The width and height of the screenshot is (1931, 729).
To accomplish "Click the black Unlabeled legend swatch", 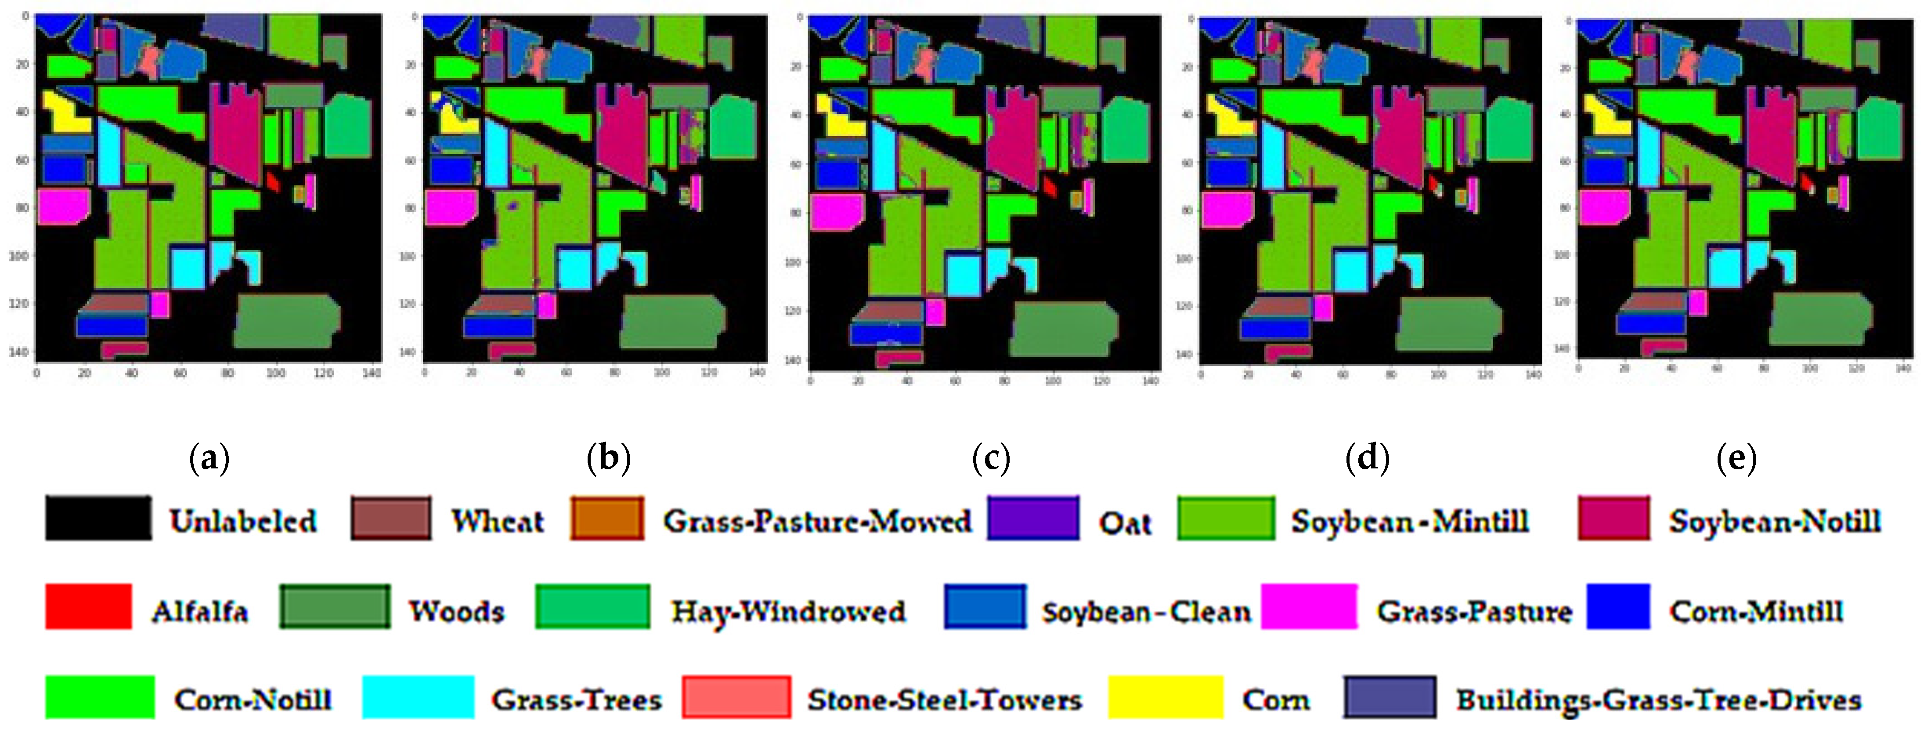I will point(97,518).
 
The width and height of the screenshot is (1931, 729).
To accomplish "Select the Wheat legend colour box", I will point(390,518).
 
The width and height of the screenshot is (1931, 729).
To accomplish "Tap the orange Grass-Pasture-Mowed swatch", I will point(606,518).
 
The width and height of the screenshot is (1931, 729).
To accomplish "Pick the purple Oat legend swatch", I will point(1033,518).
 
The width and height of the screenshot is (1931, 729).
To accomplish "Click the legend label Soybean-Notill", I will point(1774,521).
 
